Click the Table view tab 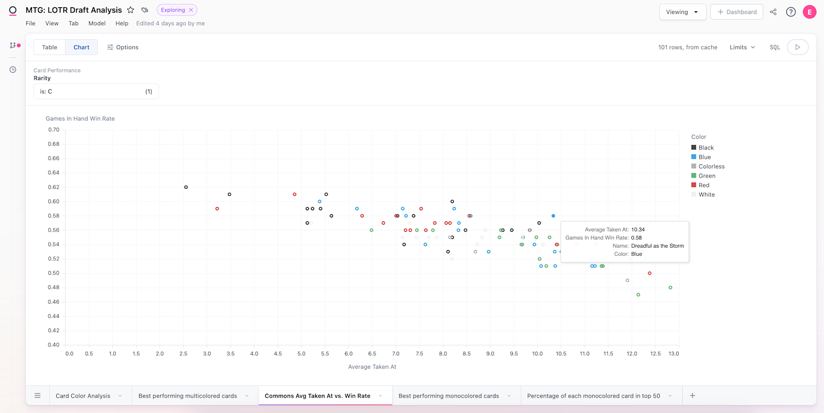[49, 47]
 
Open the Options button [123, 47]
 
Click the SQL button [775, 47]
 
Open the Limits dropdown [742, 47]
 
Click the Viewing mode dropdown [682, 12]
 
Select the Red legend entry [703, 185]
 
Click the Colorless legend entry [711, 166]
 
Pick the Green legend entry [707, 176]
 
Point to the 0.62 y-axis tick [54, 187]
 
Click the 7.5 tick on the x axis [419, 354]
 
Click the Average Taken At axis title [372, 367]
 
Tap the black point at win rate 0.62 [186, 187]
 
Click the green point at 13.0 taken [670, 288]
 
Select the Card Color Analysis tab [83, 396]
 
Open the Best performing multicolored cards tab [187, 396]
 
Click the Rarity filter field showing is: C [96, 92]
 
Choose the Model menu [97, 24]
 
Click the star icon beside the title [131, 10]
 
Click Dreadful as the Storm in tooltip [657, 246]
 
